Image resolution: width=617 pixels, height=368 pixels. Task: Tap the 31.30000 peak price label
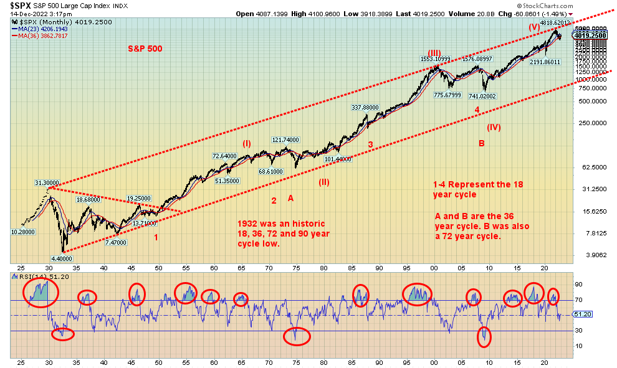coord(47,182)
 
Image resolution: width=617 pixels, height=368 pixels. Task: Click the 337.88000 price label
coord(365,107)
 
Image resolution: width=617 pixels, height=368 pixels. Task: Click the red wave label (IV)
coord(494,127)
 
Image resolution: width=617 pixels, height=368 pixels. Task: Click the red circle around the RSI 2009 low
coord(484,337)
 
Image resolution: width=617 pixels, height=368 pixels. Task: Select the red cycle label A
coord(290,197)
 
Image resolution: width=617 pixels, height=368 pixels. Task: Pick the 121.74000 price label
coord(285,139)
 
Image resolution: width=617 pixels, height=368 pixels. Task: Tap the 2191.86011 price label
coord(545,62)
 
